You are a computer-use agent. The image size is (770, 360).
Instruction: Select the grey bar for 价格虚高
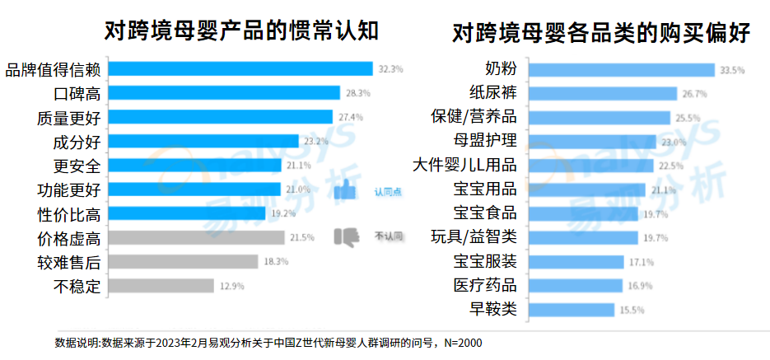[196, 238]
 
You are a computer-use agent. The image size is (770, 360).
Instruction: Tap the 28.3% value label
[357, 93]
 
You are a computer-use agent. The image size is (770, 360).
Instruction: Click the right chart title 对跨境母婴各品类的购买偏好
[600, 33]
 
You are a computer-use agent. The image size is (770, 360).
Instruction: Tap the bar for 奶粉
[619, 70]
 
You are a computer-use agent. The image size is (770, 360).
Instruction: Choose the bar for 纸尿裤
[601, 94]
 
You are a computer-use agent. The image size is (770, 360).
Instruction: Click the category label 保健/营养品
[474, 117]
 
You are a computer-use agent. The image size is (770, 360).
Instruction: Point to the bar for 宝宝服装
[576, 262]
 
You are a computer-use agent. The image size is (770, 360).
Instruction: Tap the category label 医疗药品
[485, 286]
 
